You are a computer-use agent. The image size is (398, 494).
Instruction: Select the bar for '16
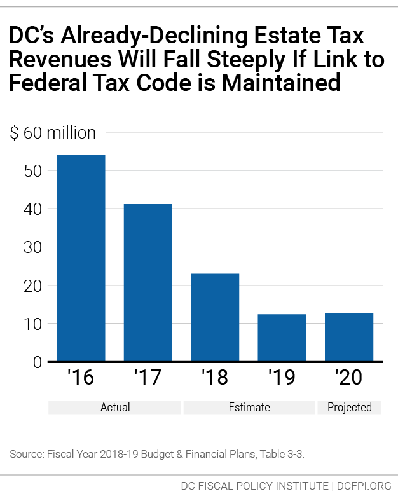point(81,258)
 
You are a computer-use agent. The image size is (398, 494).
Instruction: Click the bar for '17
point(148,283)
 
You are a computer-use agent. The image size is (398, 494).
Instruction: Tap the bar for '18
point(215,317)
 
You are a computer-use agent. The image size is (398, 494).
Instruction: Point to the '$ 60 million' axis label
point(52,133)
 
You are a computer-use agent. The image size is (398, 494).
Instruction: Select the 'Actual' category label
point(115,408)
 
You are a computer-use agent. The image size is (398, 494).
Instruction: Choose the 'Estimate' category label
point(249,408)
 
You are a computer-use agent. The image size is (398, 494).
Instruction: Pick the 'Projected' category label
point(349,408)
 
